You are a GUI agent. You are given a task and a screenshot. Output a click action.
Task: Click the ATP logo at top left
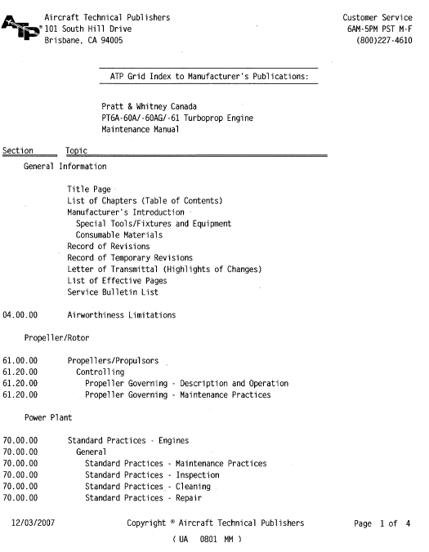[20, 29]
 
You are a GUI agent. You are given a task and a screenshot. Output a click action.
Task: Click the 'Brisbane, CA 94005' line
[84, 40]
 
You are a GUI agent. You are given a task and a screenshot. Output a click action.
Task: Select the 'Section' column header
[18, 150]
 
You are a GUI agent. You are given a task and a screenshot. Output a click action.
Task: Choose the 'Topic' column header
[76, 150]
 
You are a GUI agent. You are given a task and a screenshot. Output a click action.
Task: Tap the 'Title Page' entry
[89, 189]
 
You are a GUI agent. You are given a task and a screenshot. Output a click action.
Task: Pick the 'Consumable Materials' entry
[119, 235]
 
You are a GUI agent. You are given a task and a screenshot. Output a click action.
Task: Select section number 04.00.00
[20, 315]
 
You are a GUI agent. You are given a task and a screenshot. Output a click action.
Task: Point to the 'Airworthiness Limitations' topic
[122, 315]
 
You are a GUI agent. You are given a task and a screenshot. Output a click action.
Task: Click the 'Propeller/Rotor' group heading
[57, 337]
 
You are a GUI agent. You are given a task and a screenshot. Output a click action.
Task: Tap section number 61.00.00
[20, 360]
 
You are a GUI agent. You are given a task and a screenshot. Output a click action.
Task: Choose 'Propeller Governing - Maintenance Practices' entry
[178, 395]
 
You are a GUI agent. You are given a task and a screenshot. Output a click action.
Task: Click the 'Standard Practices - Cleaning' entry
[147, 486]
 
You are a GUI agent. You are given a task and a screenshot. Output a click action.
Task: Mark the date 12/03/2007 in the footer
[33, 523]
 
